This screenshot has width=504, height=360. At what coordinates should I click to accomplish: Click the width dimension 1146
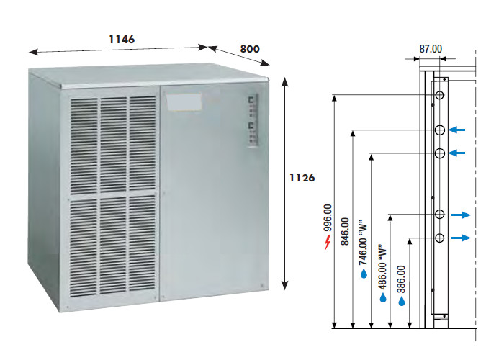click(x=122, y=40)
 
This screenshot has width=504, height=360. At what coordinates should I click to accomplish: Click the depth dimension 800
click(x=250, y=49)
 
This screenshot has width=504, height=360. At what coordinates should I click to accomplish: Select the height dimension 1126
click(x=302, y=178)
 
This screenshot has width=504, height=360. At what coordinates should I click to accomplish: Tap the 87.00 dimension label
click(x=431, y=49)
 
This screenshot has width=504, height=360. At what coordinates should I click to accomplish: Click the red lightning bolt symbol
click(x=328, y=242)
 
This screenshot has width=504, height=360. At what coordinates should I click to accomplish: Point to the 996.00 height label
click(x=328, y=218)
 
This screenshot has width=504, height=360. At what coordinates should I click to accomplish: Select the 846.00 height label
click(x=345, y=231)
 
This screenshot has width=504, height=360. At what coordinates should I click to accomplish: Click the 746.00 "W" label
click(x=363, y=243)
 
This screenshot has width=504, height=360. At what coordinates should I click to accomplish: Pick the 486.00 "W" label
click(x=382, y=266)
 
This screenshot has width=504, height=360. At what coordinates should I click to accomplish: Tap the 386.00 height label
click(x=401, y=279)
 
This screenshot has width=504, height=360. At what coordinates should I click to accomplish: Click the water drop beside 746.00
click(x=364, y=274)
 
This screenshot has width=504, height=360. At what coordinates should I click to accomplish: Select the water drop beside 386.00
click(x=402, y=301)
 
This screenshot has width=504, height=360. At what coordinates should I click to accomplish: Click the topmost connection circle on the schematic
click(x=439, y=95)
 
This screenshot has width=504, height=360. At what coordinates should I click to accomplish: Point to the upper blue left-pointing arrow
click(x=456, y=130)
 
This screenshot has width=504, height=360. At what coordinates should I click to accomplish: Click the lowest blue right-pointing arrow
click(x=461, y=238)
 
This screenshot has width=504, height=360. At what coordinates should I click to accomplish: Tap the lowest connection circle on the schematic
click(x=439, y=238)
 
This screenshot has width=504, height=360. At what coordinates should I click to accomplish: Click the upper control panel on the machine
click(x=253, y=105)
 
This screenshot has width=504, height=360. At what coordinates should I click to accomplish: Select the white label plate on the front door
click(x=183, y=102)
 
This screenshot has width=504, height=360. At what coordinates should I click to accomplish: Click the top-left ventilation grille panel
click(x=84, y=146)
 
